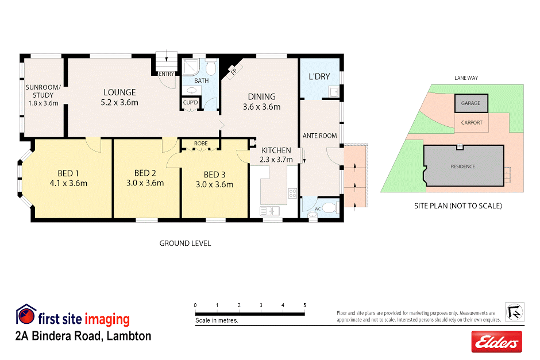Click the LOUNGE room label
point(119,92)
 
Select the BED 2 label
point(145,173)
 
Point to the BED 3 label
point(215,175)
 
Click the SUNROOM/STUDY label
point(43,91)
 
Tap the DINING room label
point(261,96)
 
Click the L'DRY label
point(319,77)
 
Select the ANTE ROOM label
point(319,136)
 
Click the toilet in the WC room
point(329,208)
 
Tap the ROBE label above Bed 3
point(200,143)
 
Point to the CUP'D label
point(191,102)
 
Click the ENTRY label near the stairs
point(166,74)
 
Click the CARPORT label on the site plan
point(472,122)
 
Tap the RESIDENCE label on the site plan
point(462,167)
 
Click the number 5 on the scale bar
point(304,305)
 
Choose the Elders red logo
point(496,342)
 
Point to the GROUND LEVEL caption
point(185,243)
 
